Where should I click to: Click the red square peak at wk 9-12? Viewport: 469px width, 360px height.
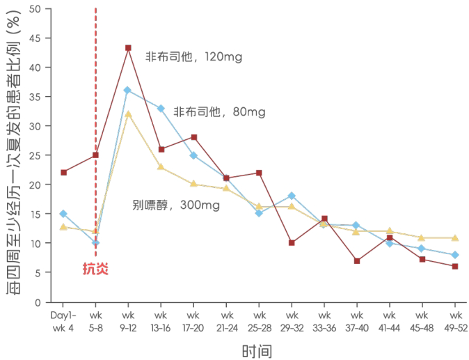[x=128, y=48]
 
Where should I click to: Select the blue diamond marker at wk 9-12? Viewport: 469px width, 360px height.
[x=127, y=90]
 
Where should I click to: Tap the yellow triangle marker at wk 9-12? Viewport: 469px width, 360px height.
[x=128, y=114]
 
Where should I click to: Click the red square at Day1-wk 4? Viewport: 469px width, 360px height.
[x=63, y=172]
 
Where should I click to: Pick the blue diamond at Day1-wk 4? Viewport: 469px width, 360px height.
[x=63, y=214]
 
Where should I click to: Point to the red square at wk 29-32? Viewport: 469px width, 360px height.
[x=291, y=243]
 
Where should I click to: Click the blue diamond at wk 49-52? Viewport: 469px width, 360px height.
[x=454, y=255]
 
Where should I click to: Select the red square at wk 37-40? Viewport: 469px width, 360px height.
[x=356, y=261]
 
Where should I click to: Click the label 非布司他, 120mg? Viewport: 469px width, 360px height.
[x=193, y=57]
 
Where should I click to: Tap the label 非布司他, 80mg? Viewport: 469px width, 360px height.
[x=219, y=111]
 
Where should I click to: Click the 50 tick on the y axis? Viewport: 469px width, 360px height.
[x=36, y=9]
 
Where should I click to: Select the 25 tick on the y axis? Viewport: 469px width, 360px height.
[x=36, y=155]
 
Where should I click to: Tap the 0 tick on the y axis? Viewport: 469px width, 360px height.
[x=39, y=302]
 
